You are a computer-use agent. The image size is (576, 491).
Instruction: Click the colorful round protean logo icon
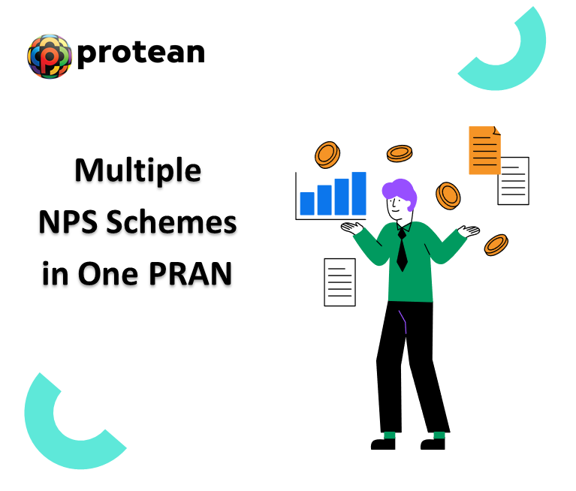click(x=49, y=56)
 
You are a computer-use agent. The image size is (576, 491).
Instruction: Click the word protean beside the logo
click(x=140, y=53)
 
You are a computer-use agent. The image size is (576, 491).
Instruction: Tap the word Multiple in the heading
click(x=137, y=171)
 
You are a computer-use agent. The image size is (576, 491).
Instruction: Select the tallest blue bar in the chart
click(x=359, y=193)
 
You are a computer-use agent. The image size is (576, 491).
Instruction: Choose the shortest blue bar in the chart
click(x=307, y=203)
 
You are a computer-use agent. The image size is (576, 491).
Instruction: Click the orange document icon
click(x=484, y=150)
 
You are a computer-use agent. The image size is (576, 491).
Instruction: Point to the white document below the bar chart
click(x=339, y=282)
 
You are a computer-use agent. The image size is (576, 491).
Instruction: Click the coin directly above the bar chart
click(x=328, y=154)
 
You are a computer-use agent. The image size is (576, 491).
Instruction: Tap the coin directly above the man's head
click(x=400, y=153)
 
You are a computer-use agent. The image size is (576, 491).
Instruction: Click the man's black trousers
click(x=409, y=368)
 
